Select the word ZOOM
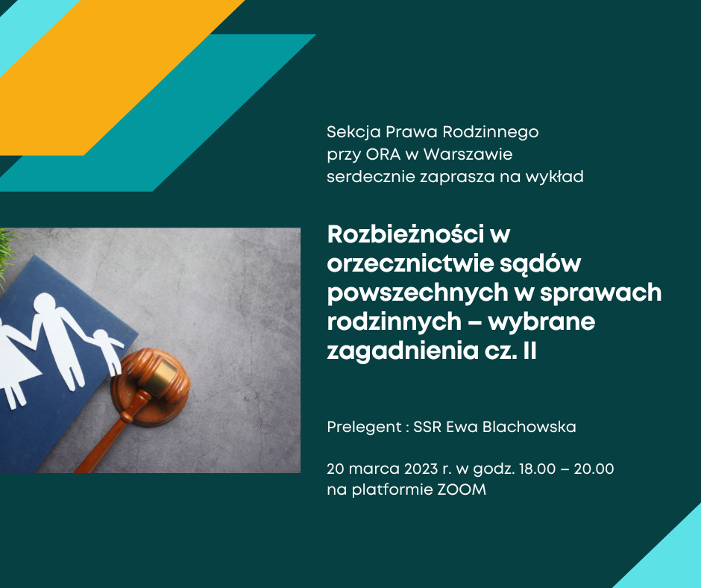462,490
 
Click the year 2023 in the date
421,469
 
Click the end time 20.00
594,469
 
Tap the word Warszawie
468,154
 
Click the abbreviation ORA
383,154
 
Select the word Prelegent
365,428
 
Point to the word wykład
554,177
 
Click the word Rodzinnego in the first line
491,133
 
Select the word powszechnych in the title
418,293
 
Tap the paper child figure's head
101,337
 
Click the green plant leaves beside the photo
7,255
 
